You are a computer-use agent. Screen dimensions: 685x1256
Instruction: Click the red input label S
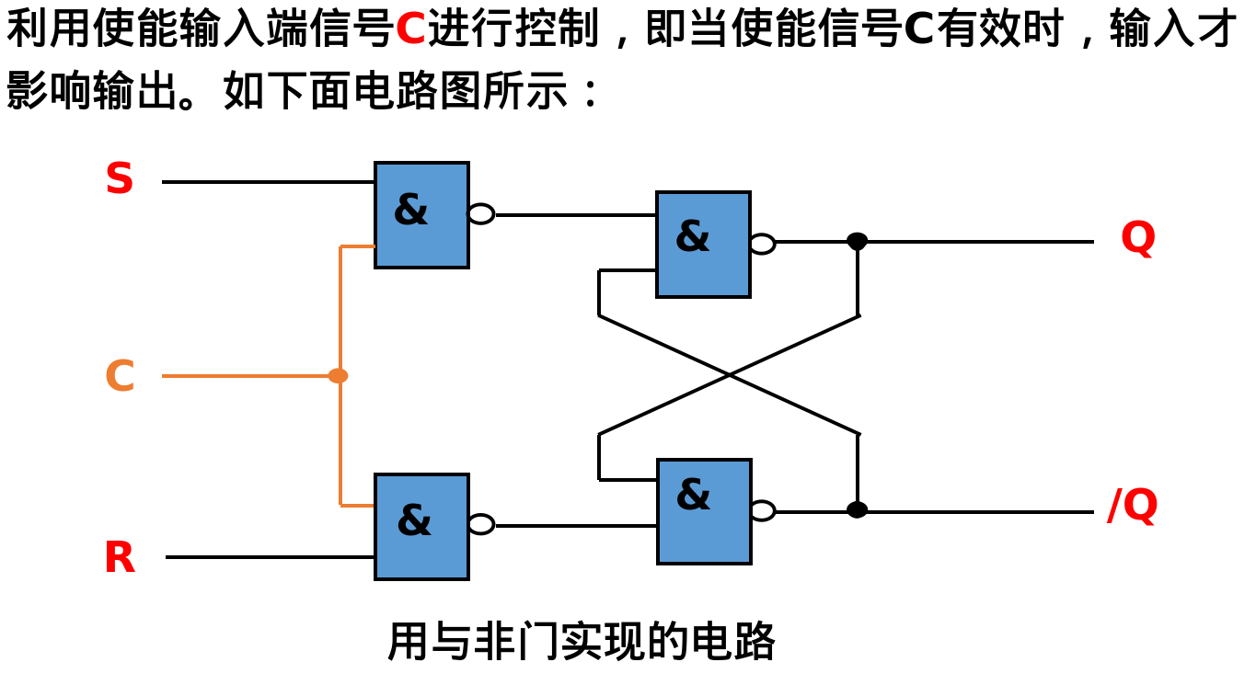pos(120,179)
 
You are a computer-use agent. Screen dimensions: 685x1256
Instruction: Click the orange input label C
pos(120,376)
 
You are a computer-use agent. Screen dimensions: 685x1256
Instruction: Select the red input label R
pos(120,558)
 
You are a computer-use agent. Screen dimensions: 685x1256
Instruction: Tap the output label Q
pos(1137,238)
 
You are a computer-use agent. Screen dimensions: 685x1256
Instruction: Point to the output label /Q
pos(1132,506)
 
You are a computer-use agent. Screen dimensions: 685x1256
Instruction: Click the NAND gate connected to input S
pos(421,215)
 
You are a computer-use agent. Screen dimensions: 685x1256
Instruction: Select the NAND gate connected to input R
pos(421,526)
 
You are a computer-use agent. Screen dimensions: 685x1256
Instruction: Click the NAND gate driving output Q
pos(703,245)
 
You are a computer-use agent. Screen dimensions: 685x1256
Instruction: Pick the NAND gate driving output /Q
pos(704,511)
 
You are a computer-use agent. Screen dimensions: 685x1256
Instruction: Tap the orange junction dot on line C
pos(339,376)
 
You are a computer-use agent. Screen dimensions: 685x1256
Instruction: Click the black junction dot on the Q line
pos(857,242)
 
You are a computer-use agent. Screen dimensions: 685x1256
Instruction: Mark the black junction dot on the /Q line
pos(857,509)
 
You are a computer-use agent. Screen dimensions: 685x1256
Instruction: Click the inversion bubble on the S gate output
pos(481,214)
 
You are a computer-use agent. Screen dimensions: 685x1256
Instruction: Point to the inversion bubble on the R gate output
pos(481,524)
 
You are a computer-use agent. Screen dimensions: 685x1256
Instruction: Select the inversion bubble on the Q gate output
pos(762,244)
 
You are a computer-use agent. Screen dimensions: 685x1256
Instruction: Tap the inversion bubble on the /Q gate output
pos(762,510)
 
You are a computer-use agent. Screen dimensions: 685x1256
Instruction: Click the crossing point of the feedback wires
pos(729,374)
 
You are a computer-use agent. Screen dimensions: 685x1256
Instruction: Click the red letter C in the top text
pos(410,30)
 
